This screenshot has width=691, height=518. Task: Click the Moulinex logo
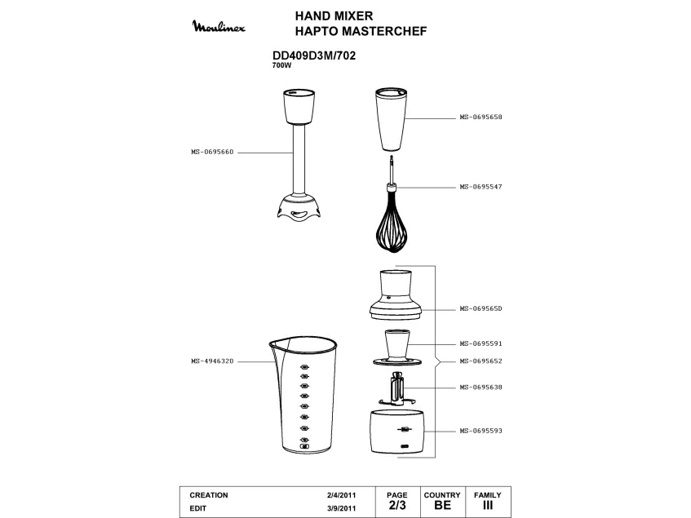coord(219,26)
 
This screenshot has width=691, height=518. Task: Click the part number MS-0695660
coord(212,152)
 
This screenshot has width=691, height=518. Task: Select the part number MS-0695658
coord(481,117)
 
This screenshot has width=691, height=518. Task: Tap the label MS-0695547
coord(481,187)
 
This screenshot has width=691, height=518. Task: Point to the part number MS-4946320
coord(212,361)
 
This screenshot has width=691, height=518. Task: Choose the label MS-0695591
coord(481,343)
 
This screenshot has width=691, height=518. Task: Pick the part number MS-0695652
coord(481,361)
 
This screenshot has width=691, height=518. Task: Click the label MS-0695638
coord(481,387)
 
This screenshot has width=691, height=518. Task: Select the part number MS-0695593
coord(481,431)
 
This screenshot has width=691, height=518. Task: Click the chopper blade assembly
coord(397,389)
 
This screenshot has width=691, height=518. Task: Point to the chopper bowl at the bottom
coord(397,432)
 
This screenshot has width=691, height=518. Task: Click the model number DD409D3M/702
coord(314,56)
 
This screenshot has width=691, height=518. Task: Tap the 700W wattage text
coord(282,65)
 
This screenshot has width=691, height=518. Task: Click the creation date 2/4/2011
coord(342,495)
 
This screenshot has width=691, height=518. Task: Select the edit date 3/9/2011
coord(342,508)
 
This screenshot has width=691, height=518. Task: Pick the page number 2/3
coord(397,505)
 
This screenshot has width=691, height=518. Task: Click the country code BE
coord(442,505)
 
